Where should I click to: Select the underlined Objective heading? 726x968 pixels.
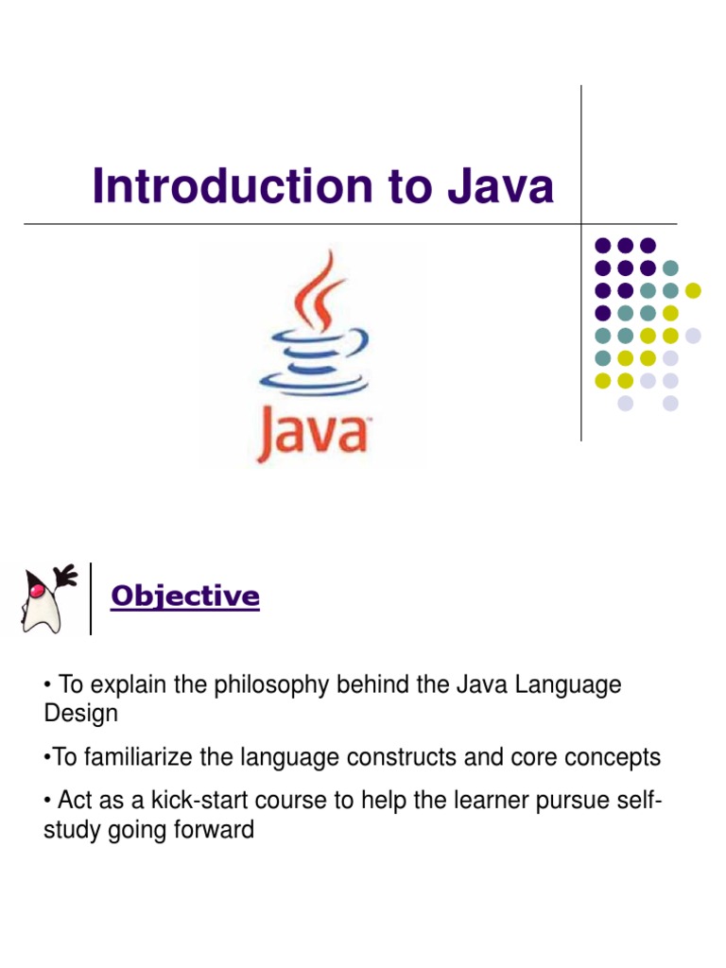(x=185, y=596)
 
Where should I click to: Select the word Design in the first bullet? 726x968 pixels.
(x=81, y=714)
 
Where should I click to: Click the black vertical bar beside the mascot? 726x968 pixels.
(x=91, y=598)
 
